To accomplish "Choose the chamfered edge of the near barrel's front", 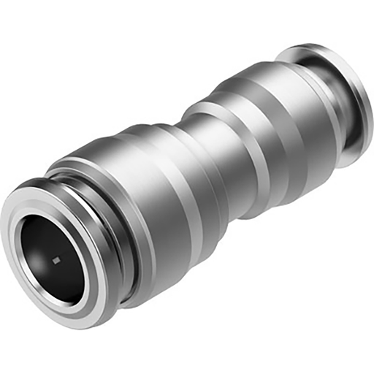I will click(x=73, y=175).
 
